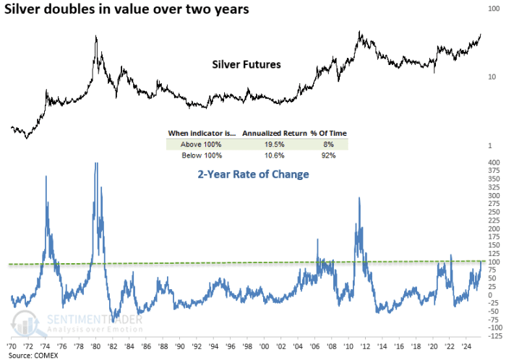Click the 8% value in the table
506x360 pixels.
click(322, 144)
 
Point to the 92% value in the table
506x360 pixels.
click(322, 155)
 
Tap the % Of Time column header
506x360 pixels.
click(322, 133)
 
